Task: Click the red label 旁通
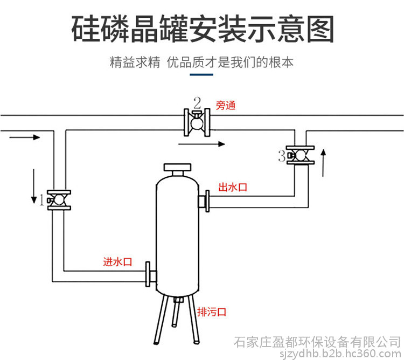[x=226, y=106]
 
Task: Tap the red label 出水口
[x=232, y=188]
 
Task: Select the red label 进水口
[x=118, y=262]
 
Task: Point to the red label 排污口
[x=212, y=312]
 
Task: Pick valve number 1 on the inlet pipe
[x=59, y=200]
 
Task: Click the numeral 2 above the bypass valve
[x=197, y=102]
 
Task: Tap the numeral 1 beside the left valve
[x=41, y=200]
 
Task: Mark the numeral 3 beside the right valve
[x=281, y=156]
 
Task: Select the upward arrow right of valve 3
[x=323, y=164]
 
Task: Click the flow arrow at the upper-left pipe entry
[x=25, y=137]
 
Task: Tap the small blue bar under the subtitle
[x=201, y=76]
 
